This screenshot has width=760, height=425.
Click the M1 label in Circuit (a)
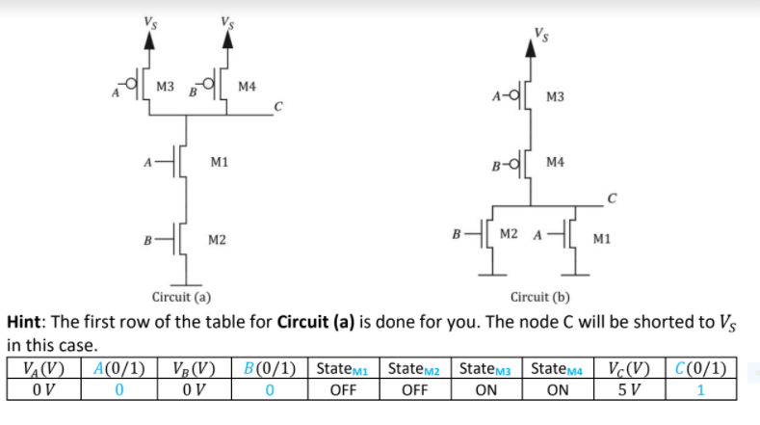coord(218,163)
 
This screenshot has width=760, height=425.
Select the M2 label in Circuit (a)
coord(218,238)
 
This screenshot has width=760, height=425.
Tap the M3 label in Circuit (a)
coord(165,88)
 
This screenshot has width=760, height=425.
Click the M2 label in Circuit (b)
coord(510,235)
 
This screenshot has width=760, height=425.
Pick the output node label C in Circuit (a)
coord(278,106)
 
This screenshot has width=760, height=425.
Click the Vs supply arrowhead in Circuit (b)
coord(530,49)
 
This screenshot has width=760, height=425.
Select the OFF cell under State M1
coord(343,391)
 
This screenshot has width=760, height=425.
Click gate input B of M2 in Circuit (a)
coord(145,238)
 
